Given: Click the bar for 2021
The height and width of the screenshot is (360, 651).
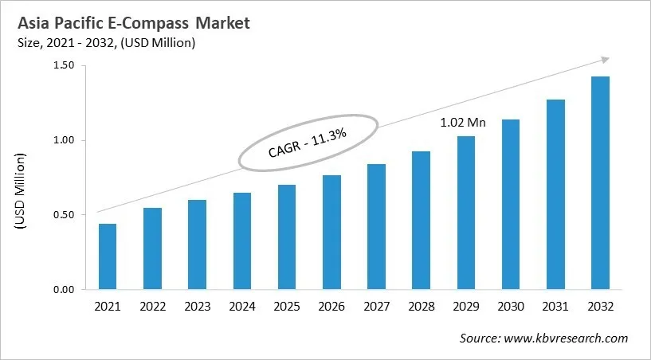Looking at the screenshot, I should point(108,256).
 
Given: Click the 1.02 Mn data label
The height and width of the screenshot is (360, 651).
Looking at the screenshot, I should point(463,123).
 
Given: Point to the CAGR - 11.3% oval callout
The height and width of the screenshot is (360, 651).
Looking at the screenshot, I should point(309,143).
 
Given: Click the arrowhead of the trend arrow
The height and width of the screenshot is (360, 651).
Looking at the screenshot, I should point(605,59).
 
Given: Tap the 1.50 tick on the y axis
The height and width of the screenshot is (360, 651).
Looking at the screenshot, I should point(63,66).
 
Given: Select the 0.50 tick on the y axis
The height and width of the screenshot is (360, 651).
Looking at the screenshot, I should point(63,215).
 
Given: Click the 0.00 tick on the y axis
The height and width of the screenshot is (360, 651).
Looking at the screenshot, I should point(63,290).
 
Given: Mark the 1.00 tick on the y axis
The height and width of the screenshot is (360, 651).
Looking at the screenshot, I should point(63,141).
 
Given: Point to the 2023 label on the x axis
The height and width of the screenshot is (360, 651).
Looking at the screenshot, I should point(198,307).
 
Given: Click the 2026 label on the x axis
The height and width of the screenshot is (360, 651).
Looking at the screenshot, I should point(332,307).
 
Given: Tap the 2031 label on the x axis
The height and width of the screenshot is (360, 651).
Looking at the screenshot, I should point(556,307).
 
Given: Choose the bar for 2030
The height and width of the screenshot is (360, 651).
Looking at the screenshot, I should point(512,205).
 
